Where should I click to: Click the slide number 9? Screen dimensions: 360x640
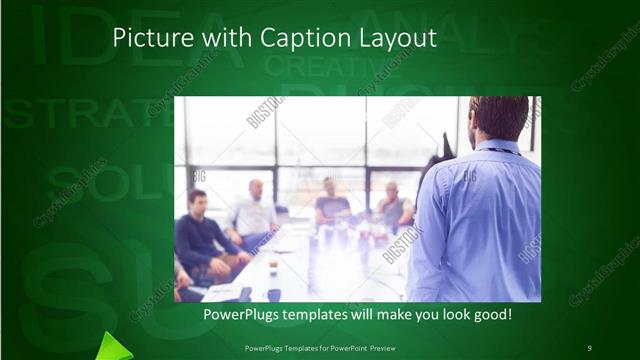pos(589,347)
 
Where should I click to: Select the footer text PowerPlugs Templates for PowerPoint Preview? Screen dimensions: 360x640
pos(319,347)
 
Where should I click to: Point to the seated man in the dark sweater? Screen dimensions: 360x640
pos(199,232)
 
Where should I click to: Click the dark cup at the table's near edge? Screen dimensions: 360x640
pos(274,294)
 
